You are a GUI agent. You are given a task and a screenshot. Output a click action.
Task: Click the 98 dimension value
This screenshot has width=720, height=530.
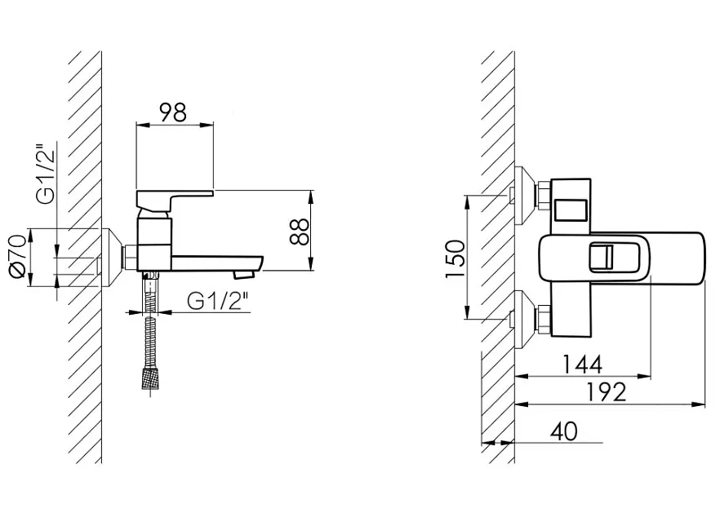173,113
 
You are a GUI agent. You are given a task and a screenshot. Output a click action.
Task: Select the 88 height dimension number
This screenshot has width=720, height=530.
300,232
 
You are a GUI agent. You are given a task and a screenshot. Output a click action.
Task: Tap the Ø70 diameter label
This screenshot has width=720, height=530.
17,256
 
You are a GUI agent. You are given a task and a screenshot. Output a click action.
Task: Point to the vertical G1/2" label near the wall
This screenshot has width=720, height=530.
46,174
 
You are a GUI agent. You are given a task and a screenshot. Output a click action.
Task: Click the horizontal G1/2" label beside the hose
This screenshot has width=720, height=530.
218,301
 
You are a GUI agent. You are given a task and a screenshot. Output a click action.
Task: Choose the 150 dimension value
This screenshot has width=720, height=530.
455,259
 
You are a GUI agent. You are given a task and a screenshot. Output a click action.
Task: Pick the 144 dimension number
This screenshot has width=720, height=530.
582,364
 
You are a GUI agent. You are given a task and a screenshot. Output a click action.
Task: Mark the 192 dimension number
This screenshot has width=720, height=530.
606,392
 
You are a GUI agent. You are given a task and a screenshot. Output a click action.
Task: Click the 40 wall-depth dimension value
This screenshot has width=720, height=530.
564,431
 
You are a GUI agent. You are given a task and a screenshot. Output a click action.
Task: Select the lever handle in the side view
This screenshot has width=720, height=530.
175,197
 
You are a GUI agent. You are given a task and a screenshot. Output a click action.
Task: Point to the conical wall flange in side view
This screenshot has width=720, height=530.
111,257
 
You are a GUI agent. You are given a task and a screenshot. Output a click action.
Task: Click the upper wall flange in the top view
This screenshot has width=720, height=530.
524,196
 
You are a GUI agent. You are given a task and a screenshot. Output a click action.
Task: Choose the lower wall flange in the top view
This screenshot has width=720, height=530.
524,319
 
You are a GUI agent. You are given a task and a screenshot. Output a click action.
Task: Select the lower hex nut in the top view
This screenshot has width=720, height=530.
544,319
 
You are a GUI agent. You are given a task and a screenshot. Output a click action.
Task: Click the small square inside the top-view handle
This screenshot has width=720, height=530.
602,256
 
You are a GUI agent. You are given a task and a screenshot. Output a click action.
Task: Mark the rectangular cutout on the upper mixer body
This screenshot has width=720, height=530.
571,210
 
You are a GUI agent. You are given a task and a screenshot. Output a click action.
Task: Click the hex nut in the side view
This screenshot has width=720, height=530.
131,257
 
